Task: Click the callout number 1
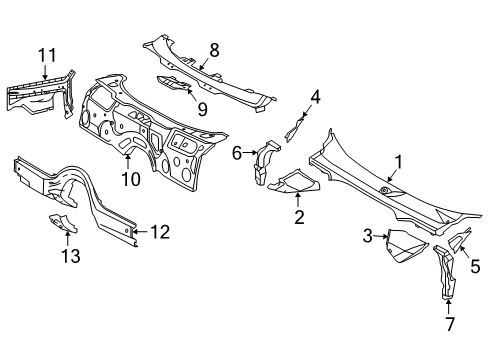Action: (x=397, y=161)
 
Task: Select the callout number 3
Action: (x=367, y=237)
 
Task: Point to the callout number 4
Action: (x=314, y=97)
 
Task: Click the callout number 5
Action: (x=475, y=265)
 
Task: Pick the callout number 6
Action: (x=237, y=153)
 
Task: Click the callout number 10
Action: (x=129, y=179)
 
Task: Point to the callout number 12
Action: (x=160, y=232)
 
